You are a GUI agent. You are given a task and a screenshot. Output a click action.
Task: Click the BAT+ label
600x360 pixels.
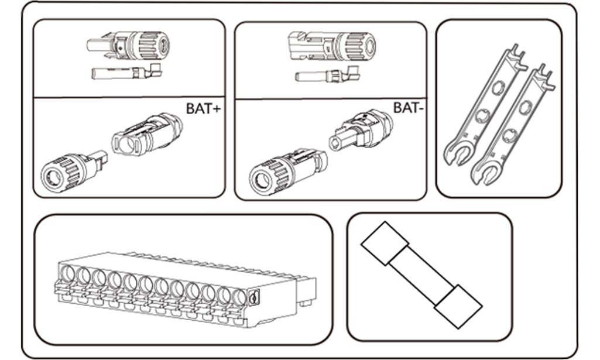click(202, 108)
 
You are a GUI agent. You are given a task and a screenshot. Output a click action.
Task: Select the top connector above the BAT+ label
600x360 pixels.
click(129, 44)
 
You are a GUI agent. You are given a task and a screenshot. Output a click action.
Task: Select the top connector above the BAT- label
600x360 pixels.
click(331, 44)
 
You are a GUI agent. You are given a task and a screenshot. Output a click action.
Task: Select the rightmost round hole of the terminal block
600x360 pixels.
click(238, 296)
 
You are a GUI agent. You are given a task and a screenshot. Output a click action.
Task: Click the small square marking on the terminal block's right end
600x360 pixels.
click(253, 298)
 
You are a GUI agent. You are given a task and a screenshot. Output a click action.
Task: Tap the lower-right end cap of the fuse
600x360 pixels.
click(460, 307)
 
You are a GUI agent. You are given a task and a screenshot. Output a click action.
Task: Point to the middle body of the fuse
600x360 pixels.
click(420, 275)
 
